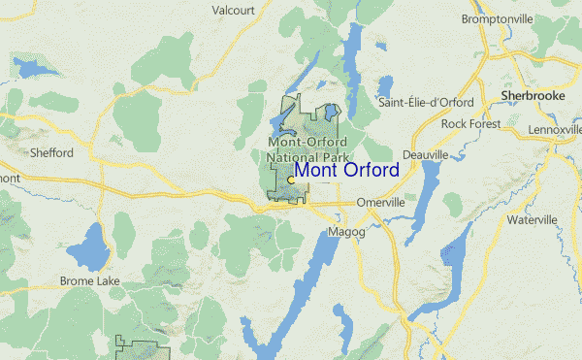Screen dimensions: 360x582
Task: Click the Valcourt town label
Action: click(233, 11)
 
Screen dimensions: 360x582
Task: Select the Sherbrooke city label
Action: click(532, 97)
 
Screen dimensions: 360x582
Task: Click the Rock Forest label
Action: click(470, 124)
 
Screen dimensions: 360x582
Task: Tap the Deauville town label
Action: click(425, 154)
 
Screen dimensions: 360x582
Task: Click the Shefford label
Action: click(51, 153)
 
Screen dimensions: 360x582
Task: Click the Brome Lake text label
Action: click(89, 281)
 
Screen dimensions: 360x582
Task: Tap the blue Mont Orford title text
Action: click(346, 171)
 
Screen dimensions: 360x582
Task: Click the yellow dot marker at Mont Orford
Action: click(291, 180)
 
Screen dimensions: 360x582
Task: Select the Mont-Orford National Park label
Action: click(307, 150)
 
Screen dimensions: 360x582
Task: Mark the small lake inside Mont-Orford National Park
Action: click(333, 112)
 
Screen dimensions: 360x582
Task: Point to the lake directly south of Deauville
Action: click(425, 199)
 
